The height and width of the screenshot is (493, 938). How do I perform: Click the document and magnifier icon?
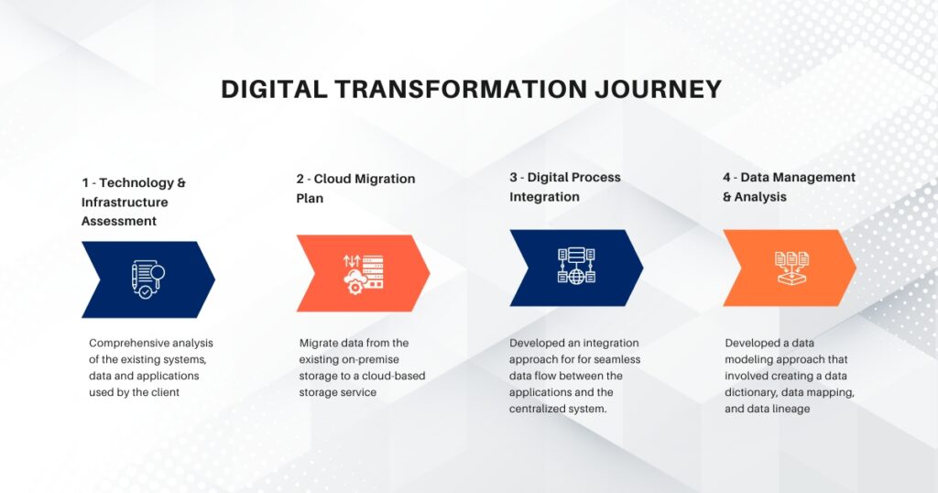point(146,279)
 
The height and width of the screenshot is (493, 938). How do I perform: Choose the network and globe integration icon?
point(576,267)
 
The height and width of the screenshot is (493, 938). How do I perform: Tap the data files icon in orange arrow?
point(791,267)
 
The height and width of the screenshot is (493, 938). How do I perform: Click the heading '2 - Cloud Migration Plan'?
point(355,187)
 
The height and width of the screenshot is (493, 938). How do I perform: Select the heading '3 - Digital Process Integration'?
point(565,187)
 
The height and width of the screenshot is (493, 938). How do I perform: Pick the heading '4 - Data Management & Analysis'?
point(789,187)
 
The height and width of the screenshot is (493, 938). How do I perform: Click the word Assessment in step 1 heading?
point(119,221)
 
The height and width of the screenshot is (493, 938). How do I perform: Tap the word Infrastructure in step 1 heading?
point(125,202)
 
